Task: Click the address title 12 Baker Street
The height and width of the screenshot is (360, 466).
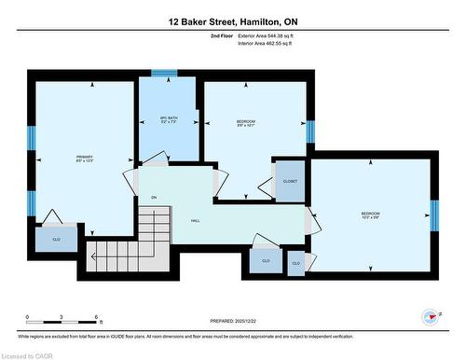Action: (x=233, y=20)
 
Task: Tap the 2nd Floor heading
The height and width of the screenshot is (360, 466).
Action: (x=223, y=35)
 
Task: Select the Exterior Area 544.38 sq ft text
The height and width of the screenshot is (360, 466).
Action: (x=271, y=35)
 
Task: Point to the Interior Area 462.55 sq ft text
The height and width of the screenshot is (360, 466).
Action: (x=271, y=44)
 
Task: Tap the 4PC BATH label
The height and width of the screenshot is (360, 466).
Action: (x=169, y=119)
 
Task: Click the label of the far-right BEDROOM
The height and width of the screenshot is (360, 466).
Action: (x=371, y=215)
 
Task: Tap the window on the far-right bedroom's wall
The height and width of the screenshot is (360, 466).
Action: (x=434, y=215)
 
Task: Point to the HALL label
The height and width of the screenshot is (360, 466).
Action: (x=196, y=220)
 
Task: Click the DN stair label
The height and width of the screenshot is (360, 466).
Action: (x=154, y=198)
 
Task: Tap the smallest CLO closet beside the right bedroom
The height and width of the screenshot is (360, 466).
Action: (x=296, y=264)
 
